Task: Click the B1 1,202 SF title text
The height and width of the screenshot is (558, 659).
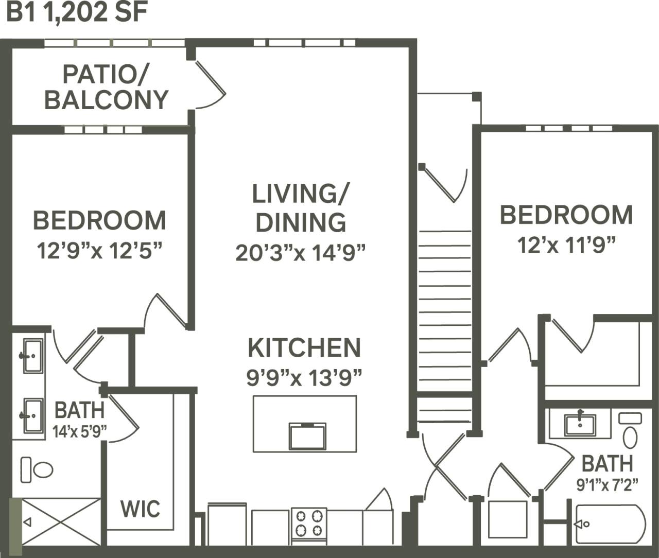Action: pyautogui.click(x=77, y=13)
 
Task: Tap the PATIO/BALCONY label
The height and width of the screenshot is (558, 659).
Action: pyautogui.click(x=106, y=87)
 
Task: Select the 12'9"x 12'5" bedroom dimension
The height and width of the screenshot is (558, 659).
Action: pyautogui.click(x=99, y=251)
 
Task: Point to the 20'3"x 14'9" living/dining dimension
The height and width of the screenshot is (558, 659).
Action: pyautogui.click(x=301, y=253)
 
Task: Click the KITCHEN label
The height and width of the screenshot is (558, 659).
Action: pyautogui.click(x=304, y=348)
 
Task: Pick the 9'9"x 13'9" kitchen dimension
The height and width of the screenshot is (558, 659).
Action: pyautogui.click(x=304, y=378)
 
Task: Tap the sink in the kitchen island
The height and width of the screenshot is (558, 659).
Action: pyautogui.click(x=307, y=436)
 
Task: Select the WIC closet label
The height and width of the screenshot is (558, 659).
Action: pyautogui.click(x=140, y=509)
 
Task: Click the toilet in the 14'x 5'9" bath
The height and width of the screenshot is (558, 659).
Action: pyautogui.click(x=37, y=469)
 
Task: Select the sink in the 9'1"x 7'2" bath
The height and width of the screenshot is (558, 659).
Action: pyautogui.click(x=580, y=424)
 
